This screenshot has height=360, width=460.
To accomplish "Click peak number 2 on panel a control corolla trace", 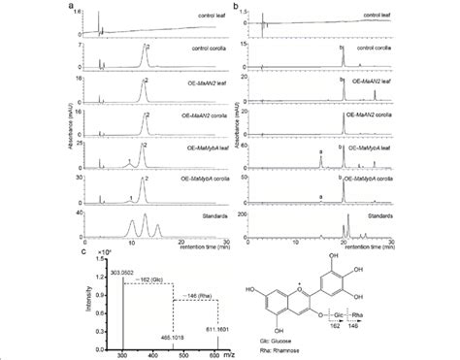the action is (148, 47).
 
